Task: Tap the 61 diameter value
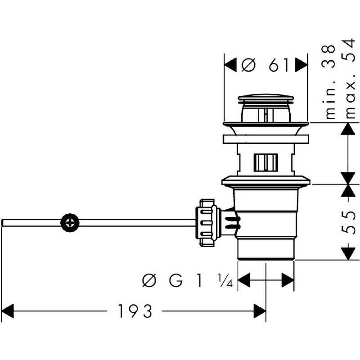pos(279,66)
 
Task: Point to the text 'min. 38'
pos(331,81)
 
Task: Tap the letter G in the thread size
pos(176,281)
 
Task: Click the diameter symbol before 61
pos(248,66)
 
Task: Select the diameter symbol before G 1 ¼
pos(149,281)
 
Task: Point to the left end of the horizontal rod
pos(4,222)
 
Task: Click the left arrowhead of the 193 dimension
pos(8,310)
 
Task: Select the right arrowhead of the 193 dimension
pos(260,310)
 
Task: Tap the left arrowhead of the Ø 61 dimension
pos(230,66)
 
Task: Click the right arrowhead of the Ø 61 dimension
pos(301,66)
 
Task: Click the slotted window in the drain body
pos(265,162)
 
